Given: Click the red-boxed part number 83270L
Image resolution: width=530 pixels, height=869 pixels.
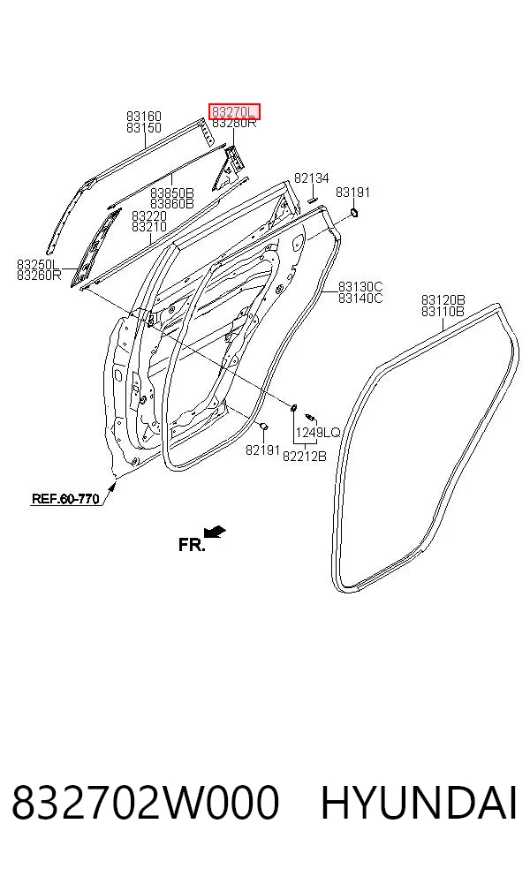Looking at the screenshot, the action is [x=234, y=112].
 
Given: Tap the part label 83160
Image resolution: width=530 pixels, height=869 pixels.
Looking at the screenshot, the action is [x=144, y=117].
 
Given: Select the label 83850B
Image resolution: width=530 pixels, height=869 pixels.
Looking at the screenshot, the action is [x=172, y=193].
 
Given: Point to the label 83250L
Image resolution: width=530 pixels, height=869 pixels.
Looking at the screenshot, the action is [x=38, y=264].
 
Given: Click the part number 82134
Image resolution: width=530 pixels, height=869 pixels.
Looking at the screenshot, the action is [x=311, y=178].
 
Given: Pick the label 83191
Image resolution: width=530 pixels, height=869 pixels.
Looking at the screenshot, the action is [x=352, y=193].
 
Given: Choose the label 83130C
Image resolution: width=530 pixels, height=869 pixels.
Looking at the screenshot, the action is [x=360, y=287].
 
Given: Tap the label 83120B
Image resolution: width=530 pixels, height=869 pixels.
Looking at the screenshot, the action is [x=443, y=300].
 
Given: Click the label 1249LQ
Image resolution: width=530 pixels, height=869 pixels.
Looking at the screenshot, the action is [x=317, y=433].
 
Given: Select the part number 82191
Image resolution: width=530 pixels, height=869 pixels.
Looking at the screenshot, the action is [x=262, y=450].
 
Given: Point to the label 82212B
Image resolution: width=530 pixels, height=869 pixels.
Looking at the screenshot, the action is [x=305, y=456].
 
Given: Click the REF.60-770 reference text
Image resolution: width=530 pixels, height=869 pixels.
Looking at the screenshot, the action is [x=65, y=498].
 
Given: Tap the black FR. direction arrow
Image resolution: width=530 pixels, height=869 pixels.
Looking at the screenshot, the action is [x=215, y=533].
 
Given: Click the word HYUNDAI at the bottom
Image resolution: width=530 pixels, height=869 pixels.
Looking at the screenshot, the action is [x=419, y=804].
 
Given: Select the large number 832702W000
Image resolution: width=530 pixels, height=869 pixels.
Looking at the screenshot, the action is [x=145, y=804].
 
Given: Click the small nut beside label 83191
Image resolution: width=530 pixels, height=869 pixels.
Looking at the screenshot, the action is [x=353, y=212].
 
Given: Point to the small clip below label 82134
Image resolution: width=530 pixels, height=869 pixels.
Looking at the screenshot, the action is [x=312, y=200].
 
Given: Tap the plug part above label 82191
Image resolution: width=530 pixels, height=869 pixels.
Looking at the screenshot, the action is [x=264, y=426].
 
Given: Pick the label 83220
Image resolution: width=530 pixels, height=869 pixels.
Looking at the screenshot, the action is [x=148, y=216].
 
